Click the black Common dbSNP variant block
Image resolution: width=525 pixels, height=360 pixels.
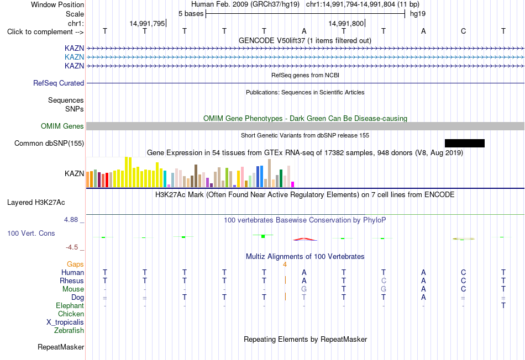(x=464, y=143)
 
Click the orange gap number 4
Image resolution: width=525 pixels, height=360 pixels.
(x=285, y=264)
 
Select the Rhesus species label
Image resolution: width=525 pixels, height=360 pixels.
(x=72, y=280)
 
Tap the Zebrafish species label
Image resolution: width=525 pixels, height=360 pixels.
(x=69, y=330)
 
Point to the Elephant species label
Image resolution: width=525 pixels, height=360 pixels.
(x=70, y=305)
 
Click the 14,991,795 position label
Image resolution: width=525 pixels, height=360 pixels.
(x=147, y=23)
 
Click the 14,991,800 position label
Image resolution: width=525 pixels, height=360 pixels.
(x=346, y=23)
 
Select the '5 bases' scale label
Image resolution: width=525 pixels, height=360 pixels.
(x=191, y=14)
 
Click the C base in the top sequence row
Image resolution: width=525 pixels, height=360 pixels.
(x=464, y=31)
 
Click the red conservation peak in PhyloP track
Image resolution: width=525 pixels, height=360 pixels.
(x=305, y=239)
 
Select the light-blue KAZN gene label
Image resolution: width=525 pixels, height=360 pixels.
(x=75, y=57)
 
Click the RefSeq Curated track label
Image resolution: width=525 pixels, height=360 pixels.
(x=59, y=83)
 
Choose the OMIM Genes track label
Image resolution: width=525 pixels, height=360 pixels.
(x=62, y=126)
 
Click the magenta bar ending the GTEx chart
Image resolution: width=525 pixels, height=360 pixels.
(x=293, y=184)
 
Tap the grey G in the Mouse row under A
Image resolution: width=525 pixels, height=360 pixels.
(x=304, y=289)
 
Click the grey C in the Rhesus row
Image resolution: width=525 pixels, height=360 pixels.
(x=384, y=280)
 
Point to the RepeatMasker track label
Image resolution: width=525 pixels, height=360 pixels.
(x=61, y=347)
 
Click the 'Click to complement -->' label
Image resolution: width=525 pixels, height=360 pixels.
(x=45, y=32)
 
